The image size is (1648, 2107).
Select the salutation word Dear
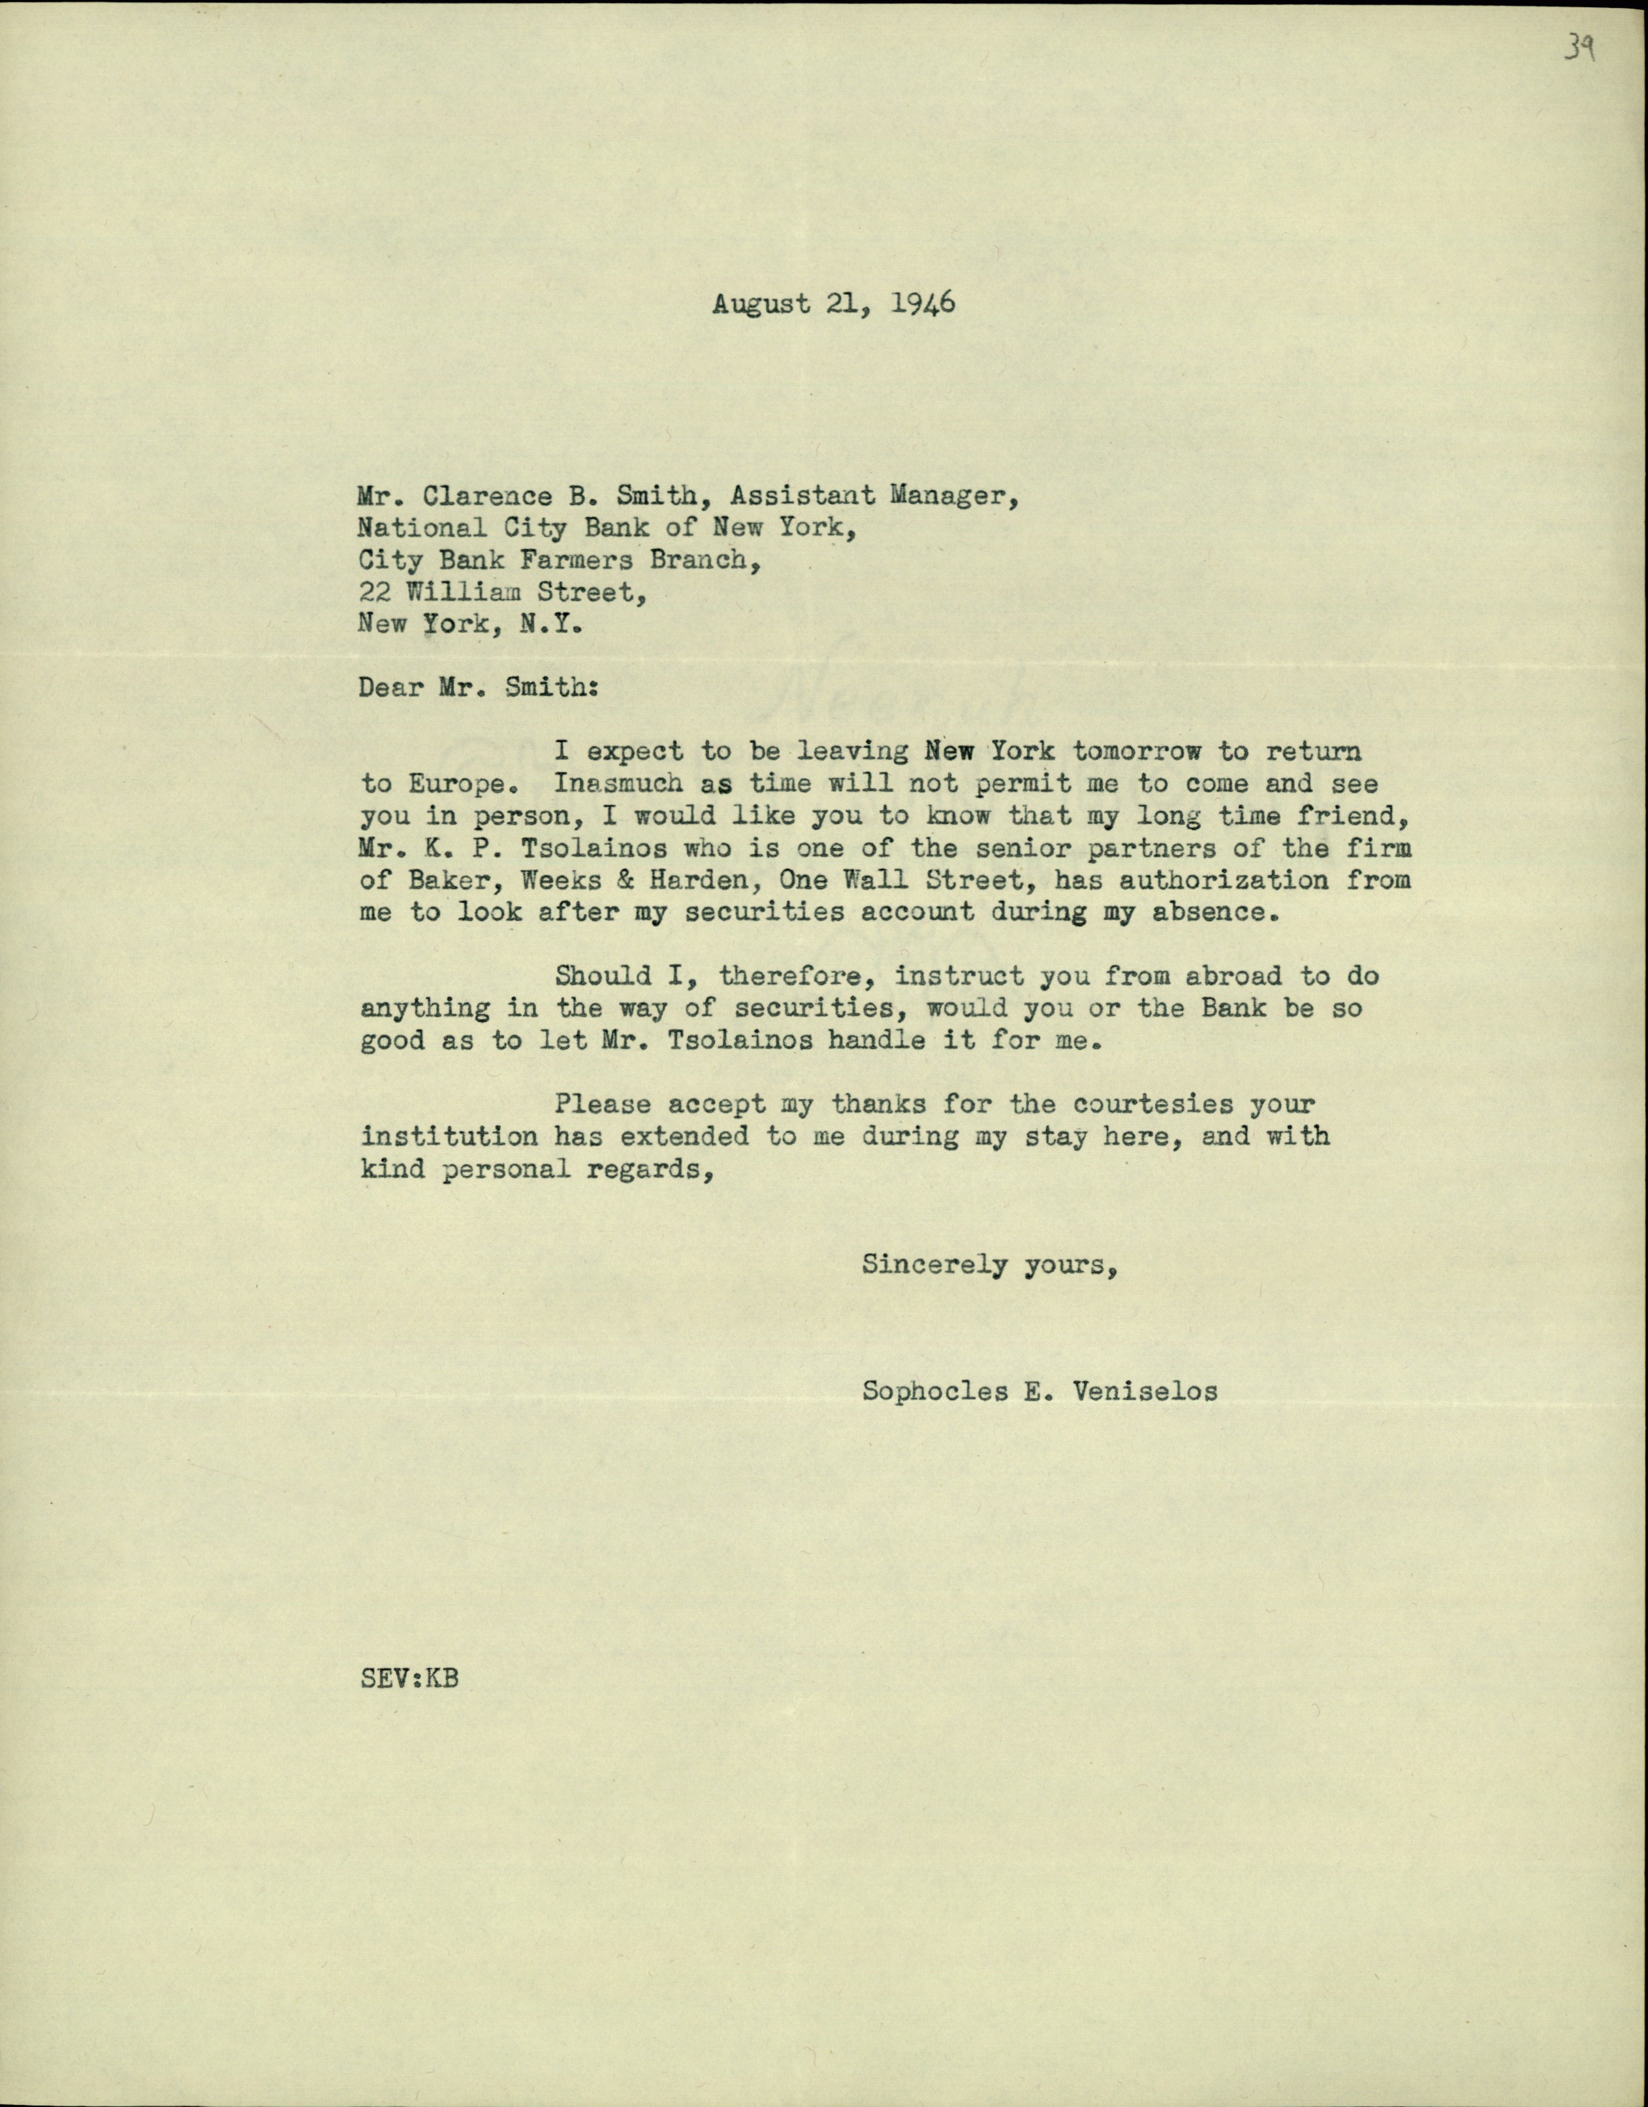[x=389, y=687]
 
